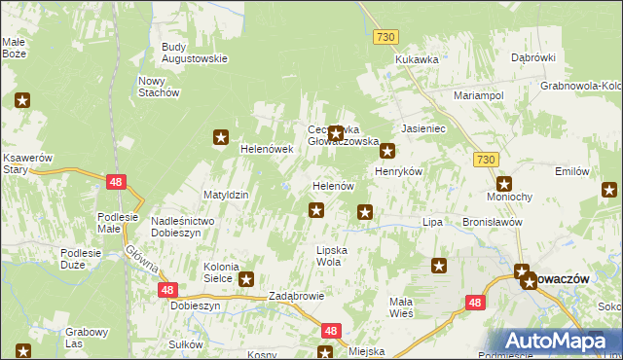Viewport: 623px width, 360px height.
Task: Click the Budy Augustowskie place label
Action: (x=194, y=52)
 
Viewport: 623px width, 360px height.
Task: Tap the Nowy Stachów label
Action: (x=160, y=87)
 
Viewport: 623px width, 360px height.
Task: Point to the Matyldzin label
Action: (x=226, y=195)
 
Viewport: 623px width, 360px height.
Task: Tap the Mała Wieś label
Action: (x=401, y=307)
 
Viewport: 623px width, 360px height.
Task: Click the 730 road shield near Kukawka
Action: (x=385, y=36)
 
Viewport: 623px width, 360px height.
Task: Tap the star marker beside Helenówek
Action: (x=221, y=138)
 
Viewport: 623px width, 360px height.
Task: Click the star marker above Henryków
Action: (x=387, y=151)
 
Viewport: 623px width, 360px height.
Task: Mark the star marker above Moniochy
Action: (x=504, y=183)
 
